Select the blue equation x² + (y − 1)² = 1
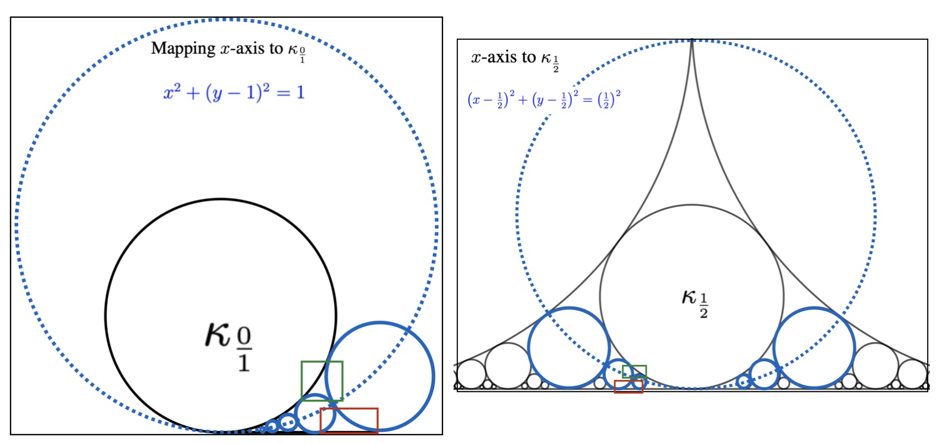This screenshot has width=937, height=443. pyautogui.click(x=234, y=92)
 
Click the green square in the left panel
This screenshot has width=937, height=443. pyautogui.click(x=322, y=380)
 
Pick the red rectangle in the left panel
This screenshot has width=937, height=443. pyautogui.click(x=349, y=420)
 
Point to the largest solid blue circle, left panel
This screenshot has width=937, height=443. pyautogui.click(x=380, y=377)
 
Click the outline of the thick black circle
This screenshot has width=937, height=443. pyautogui.click(x=105, y=315)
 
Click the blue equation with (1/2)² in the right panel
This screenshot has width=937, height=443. pyautogui.click(x=544, y=100)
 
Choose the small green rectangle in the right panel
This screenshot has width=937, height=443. pyautogui.click(x=634, y=371)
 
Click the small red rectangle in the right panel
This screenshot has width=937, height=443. pyautogui.click(x=628, y=387)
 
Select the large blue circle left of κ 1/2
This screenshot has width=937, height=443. pyautogui.click(x=569, y=348)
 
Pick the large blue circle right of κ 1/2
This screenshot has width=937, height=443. pyautogui.click(x=814, y=348)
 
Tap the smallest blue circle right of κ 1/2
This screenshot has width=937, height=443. pyautogui.click(x=745, y=381)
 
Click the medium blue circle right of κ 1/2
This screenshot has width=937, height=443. pyautogui.click(x=764, y=374)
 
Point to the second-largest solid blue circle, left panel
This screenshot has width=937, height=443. pyautogui.click(x=315, y=414)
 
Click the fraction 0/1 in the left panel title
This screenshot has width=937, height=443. pyautogui.click(x=303, y=54)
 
